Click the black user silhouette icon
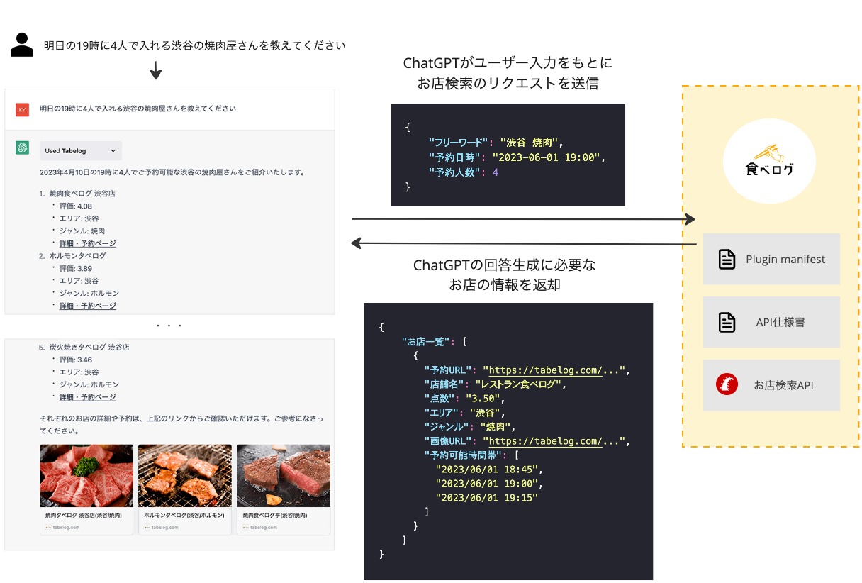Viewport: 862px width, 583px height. coord(23,45)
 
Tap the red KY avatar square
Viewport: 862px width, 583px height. coord(22,109)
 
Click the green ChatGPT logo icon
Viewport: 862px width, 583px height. coord(23,148)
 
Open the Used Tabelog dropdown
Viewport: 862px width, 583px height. coord(81,150)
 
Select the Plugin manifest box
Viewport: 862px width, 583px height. coord(771,259)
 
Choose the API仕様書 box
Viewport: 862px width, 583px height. coord(771,322)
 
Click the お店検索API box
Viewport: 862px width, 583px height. coord(771,385)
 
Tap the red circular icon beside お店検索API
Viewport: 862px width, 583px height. coord(727,385)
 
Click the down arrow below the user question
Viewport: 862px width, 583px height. coord(156,71)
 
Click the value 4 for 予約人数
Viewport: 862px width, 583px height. coord(496,172)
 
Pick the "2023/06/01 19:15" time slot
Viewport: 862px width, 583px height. coord(486,498)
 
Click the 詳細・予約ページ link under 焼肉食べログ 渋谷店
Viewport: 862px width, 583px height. coord(87,243)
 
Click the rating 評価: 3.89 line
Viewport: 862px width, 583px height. coord(75,268)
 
